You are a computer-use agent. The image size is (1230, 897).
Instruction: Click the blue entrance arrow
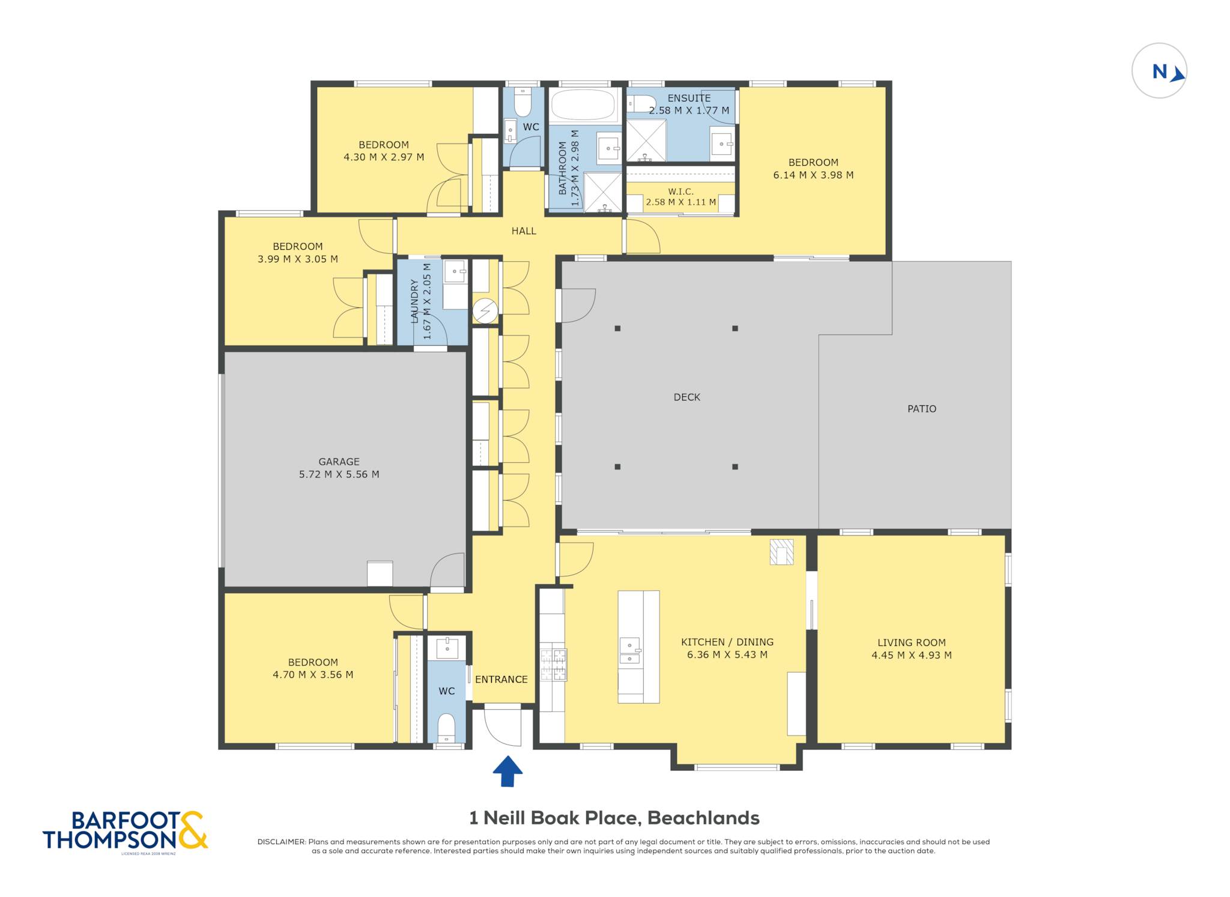point(507,771)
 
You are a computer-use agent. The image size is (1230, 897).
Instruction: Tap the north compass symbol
point(1159,71)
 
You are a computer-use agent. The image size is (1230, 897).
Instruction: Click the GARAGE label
point(339,462)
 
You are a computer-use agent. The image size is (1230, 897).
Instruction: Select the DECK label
point(687,397)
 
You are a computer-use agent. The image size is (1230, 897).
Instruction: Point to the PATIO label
point(922,409)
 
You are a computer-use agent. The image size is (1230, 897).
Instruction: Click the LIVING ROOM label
point(912,642)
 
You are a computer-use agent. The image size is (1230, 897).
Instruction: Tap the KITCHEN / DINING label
point(727,642)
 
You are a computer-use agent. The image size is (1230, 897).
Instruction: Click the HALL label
point(524,231)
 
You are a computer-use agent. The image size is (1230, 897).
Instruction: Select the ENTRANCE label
point(501,679)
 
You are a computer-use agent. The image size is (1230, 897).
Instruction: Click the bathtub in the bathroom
point(583,105)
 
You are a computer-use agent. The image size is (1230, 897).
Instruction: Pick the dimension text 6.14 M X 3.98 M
point(813,175)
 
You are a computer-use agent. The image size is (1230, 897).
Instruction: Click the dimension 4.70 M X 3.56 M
point(313,675)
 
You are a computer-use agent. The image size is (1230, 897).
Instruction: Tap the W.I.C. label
point(680,192)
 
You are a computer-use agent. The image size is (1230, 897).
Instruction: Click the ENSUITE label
point(689,98)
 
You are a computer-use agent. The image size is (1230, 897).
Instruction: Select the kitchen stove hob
point(553,665)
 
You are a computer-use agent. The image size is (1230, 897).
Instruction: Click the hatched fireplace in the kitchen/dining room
point(782,552)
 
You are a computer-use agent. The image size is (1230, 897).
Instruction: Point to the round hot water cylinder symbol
point(485,310)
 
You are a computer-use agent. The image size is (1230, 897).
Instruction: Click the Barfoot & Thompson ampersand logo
point(193,830)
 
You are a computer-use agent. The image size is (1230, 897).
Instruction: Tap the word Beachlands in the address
point(703,818)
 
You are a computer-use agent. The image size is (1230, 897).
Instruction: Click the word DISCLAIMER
point(282,842)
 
